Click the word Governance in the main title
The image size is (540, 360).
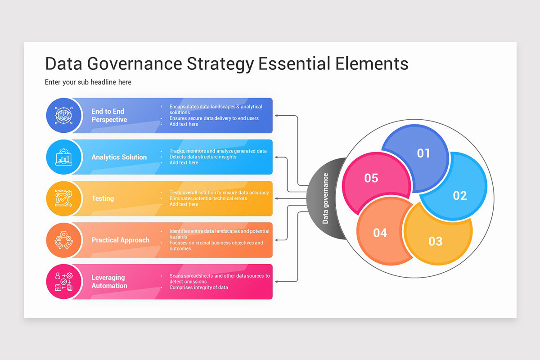[x=134, y=64]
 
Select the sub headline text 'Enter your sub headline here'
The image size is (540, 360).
[x=88, y=82]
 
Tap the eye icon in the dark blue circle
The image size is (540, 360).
[x=63, y=116]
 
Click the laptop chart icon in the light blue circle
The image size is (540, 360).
[x=63, y=157]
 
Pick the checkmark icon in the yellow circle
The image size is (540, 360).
[x=63, y=198]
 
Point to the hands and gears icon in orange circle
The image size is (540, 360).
[x=63, y=240]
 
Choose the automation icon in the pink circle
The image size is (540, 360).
[x=63, y=281]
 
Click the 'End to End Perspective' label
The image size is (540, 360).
[x=109, y=116]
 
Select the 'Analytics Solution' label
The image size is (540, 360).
[x=119, y=157]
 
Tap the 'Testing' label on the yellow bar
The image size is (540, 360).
[x=103, y=198]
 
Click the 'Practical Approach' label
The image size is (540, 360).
[x=120, y=240]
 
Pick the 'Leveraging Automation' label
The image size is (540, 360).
[x=109, y=282]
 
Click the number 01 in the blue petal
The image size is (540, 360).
[x=423, y=153]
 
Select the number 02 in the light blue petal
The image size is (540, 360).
[x=460, y=196]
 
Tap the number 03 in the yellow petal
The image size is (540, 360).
[x=435, y=241]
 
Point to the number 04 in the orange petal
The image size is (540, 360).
[x=380, y=233]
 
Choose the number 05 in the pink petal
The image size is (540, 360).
[x=371, y=178]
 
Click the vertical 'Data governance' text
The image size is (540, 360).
[x=325, y=198]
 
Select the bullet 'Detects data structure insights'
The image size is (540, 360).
[x=202, y=157]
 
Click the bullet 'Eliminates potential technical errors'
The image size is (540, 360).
[x=208, y=198]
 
